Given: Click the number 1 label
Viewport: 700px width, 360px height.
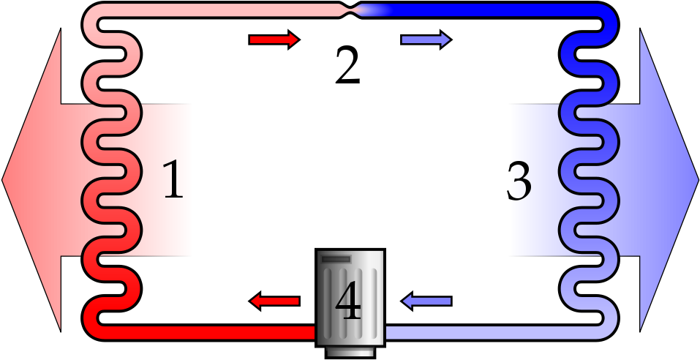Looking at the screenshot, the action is [173, 179].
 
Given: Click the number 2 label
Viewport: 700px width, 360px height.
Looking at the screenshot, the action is [347, 65].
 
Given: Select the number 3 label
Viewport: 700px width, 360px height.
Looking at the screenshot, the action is [519, 181].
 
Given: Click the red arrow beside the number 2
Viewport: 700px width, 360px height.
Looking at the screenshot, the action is [274, 40].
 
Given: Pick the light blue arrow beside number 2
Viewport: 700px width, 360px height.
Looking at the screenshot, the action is [426, 40].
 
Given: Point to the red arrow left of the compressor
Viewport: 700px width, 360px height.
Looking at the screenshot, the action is [274, 301].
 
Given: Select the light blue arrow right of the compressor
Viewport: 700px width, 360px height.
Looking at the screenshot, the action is [426, 301].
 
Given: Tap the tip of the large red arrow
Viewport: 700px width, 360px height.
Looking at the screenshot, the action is [2, 180].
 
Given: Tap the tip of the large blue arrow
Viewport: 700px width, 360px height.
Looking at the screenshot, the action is [698, 180].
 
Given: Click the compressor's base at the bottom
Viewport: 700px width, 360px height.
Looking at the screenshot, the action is [350, 353].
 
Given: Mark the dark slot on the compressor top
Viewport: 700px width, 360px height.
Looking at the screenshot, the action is [336, 259].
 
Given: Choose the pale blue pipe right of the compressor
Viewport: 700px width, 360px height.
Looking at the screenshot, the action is [491, 333].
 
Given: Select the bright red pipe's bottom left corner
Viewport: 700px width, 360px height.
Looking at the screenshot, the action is [90, 333].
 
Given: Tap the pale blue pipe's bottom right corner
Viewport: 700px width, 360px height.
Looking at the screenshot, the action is [611, 333].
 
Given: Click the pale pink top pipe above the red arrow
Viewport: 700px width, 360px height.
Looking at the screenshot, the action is [274, 10].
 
